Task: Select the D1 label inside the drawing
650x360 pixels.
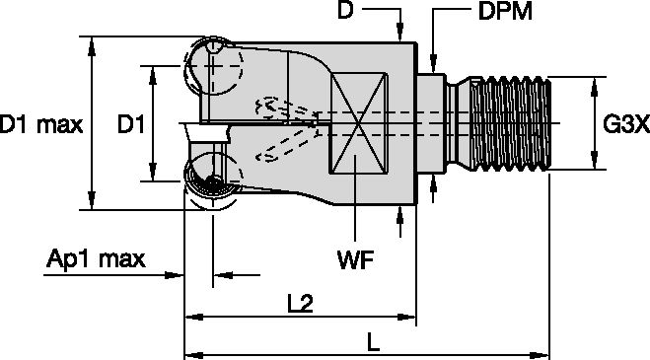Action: tap(131, 124)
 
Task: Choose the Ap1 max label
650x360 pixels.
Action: tap(97, 259)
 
